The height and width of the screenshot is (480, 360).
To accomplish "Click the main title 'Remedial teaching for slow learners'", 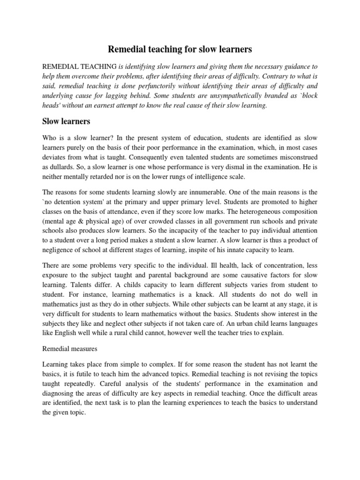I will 180,49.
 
